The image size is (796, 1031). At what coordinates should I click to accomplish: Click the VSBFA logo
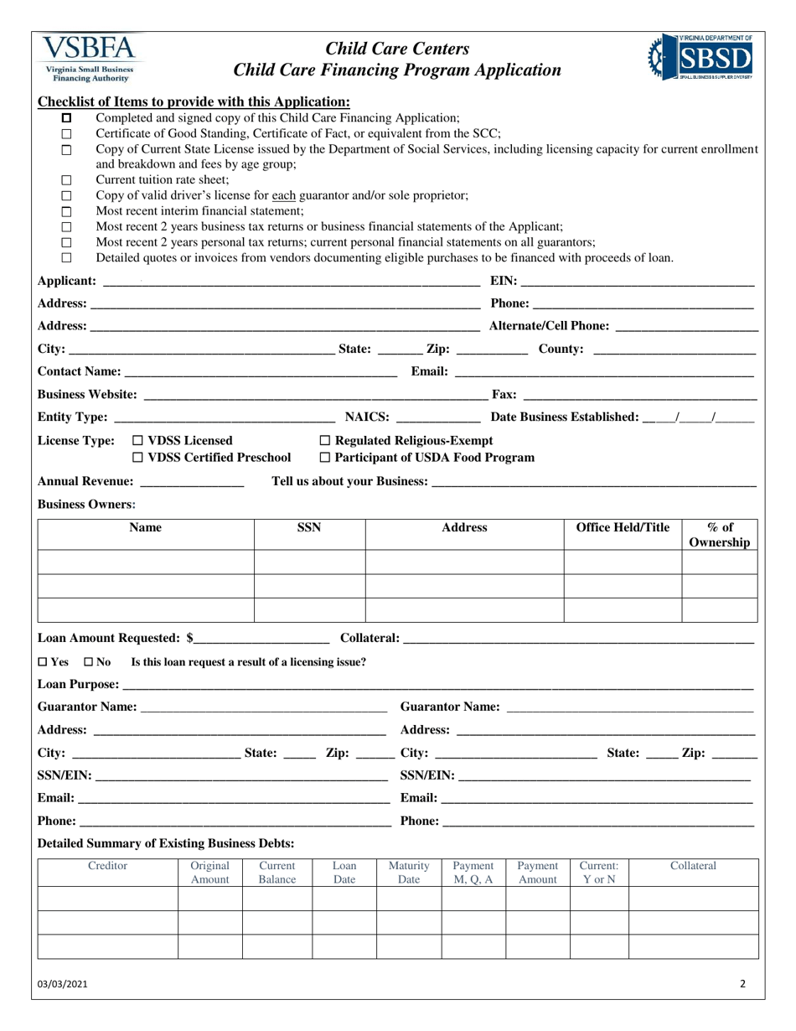coord(91,58)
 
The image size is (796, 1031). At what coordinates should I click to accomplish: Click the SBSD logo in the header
coord(700,57)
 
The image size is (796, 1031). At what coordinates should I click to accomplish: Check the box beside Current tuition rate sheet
coord(67,180)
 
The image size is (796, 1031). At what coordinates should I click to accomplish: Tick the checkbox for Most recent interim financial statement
coord(67,211)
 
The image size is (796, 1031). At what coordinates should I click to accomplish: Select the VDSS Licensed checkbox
coord(138,441)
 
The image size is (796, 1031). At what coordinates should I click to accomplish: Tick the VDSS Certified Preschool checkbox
coord(138,458)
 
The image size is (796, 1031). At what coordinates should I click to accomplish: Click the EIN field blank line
coord(637,282)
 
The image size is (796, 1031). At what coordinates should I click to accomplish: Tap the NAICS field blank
coord(437,417)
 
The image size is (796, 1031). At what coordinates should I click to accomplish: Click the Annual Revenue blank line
coord(192,482)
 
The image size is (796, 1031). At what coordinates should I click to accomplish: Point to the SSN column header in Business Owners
coord(309,528)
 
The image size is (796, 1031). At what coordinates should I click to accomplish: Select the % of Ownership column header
coord(719,535)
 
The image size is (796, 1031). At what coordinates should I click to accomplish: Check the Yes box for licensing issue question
coord(44,662)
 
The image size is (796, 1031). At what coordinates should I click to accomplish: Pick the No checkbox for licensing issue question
coord(89,662)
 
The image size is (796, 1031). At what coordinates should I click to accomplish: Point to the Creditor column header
coord(107,866)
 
